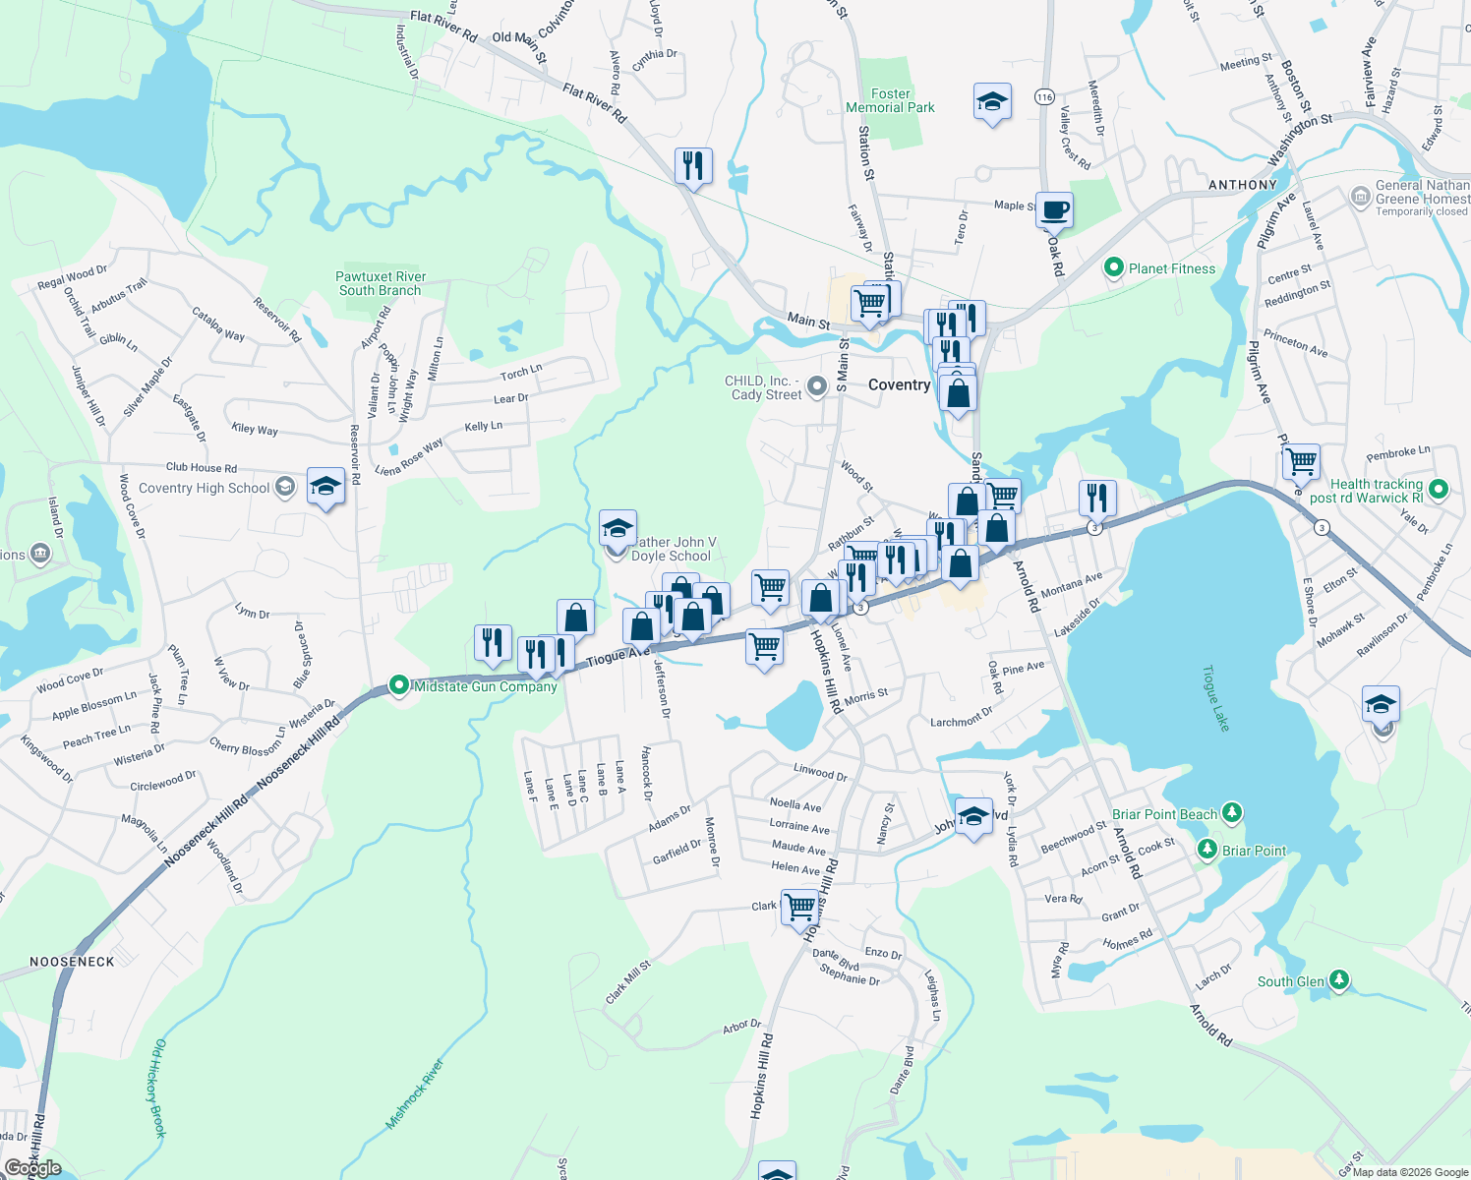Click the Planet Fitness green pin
(1114, 267)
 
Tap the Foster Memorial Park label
(890, 100)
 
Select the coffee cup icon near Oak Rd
(1054, 209)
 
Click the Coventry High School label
(204, 488)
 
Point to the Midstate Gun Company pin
(399, 685)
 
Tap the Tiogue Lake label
(1216, 698)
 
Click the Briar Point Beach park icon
(1231, 813)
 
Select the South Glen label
(1290, 981)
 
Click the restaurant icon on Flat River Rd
(693, 166)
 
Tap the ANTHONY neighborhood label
(1243, 185)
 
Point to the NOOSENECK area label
(72, 962)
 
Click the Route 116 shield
(1044, 96)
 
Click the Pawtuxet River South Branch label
(381, 283)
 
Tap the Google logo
(33, 1168)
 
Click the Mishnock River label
(415, 1093)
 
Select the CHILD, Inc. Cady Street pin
(817, 387)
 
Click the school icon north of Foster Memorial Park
(992, 101)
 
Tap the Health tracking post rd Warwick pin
(1439, 489)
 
